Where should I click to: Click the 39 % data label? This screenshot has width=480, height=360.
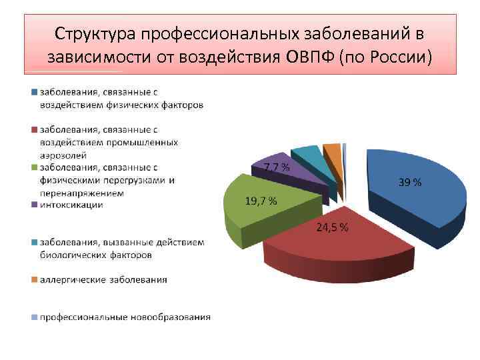pyautogui.click(x=410, y=183)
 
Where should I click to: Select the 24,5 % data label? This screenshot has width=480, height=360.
pyautogui.click(x=331, y=228)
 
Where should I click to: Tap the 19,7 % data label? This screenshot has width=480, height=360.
pyautogui.click(x=261, y=201)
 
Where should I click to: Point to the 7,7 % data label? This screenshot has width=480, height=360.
pyautogui.click(x=277, y=167)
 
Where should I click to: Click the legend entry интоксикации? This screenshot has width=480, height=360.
pyautogui.click(x=71, y=205)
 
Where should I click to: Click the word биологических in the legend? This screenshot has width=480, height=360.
pyautogui.click(x=72, y=254)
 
